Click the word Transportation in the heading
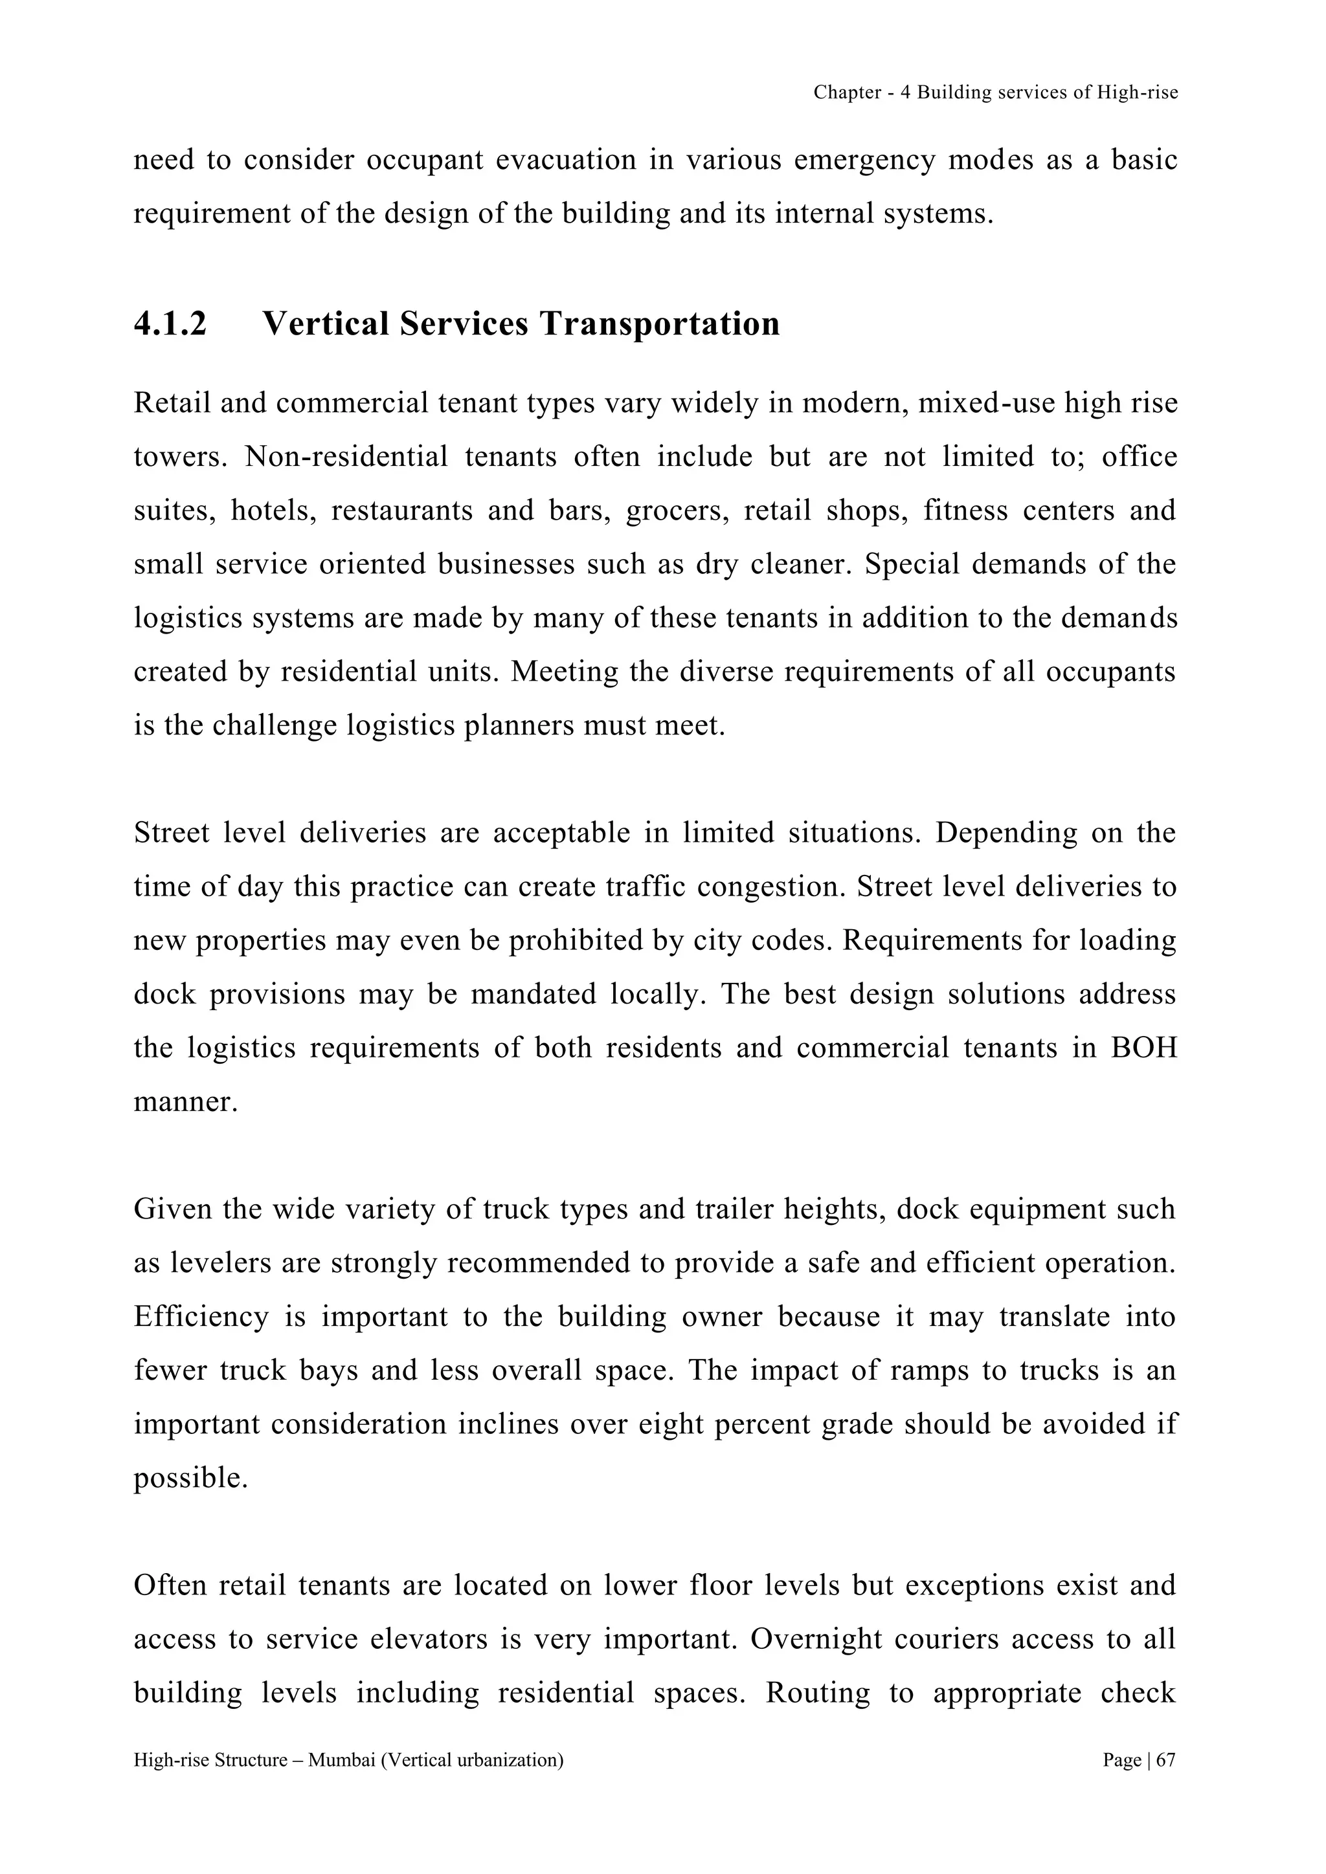coord(659,324)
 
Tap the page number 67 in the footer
coord(1166,1759)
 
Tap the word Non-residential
coord(346,457)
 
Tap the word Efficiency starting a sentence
coord(201,1317)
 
